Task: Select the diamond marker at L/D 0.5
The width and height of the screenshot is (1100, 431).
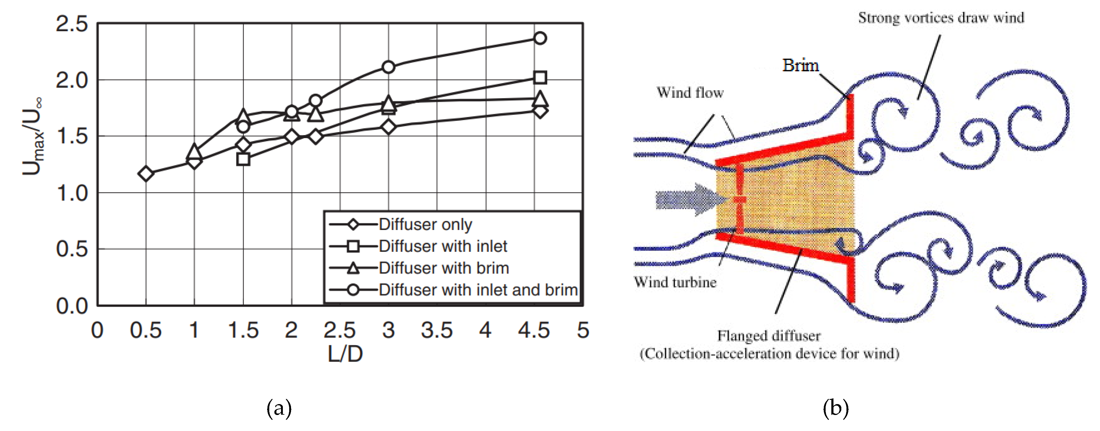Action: click(146, 173)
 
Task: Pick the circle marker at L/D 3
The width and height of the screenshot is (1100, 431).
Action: click(388, 67)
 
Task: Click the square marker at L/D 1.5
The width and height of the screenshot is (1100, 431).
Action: click(243, 159)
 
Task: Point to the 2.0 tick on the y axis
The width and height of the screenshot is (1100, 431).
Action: click(72, 80)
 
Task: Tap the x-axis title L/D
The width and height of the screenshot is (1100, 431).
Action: click(345, 354)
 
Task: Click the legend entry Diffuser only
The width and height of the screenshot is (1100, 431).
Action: click(425, 224)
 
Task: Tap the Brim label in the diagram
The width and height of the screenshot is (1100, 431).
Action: click(800, 65)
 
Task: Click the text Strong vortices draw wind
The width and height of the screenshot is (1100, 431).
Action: click(941, 18)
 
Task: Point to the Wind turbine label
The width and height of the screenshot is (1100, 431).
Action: click(675, 282)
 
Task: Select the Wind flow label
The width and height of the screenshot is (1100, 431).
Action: click(690, 93)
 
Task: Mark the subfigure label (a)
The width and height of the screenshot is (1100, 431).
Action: click(279, 408)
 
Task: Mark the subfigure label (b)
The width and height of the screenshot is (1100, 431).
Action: click(835, 408)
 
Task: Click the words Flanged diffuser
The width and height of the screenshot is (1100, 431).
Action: click(768, 336)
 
